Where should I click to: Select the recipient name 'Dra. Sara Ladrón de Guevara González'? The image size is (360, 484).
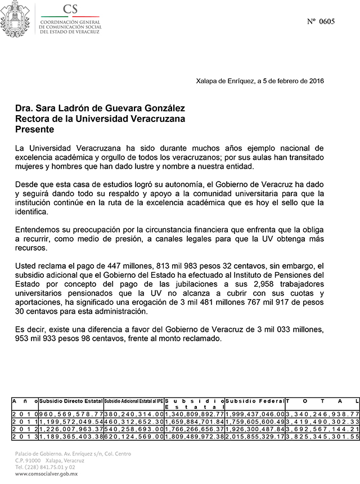coord(100,108)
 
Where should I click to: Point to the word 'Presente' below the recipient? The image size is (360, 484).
coord(35,129)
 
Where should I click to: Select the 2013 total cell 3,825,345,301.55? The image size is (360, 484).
coord(322,436)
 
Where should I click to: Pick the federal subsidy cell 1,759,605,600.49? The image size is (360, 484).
coord(255,421)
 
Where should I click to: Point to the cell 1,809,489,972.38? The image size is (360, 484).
coord(194,436)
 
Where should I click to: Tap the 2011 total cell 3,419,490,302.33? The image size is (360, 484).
coord(322,421)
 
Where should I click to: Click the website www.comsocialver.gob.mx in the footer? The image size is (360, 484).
coord(46,474)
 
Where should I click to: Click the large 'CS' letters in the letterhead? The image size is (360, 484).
coord(71,8)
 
